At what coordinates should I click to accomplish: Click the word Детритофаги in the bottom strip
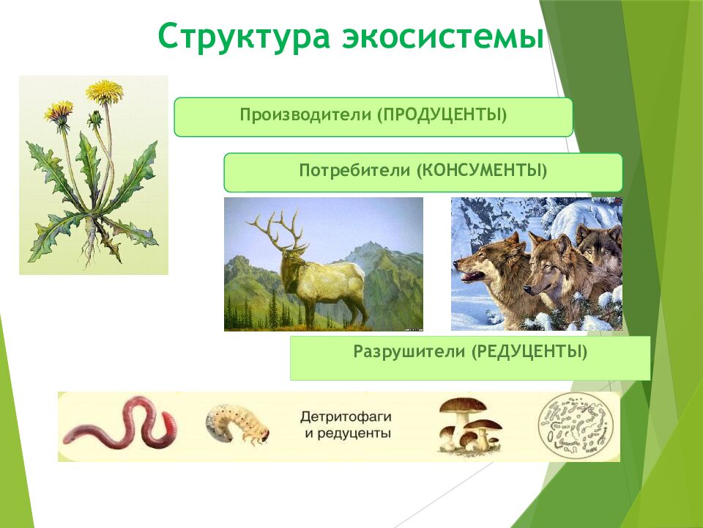pyautogui.click(x=346, y=417)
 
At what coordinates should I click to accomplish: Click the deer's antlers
pyautogui.click(x=275, y=227)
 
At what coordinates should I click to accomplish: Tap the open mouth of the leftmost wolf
pyautogui.click(x=469, y=277)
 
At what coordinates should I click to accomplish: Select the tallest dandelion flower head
pyautogui.click(x=104, y=91)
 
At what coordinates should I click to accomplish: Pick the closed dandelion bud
pyautogui.click(x=94, y=119)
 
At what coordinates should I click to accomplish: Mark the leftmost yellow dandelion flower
pyautogui.click(x=59, y=111)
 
